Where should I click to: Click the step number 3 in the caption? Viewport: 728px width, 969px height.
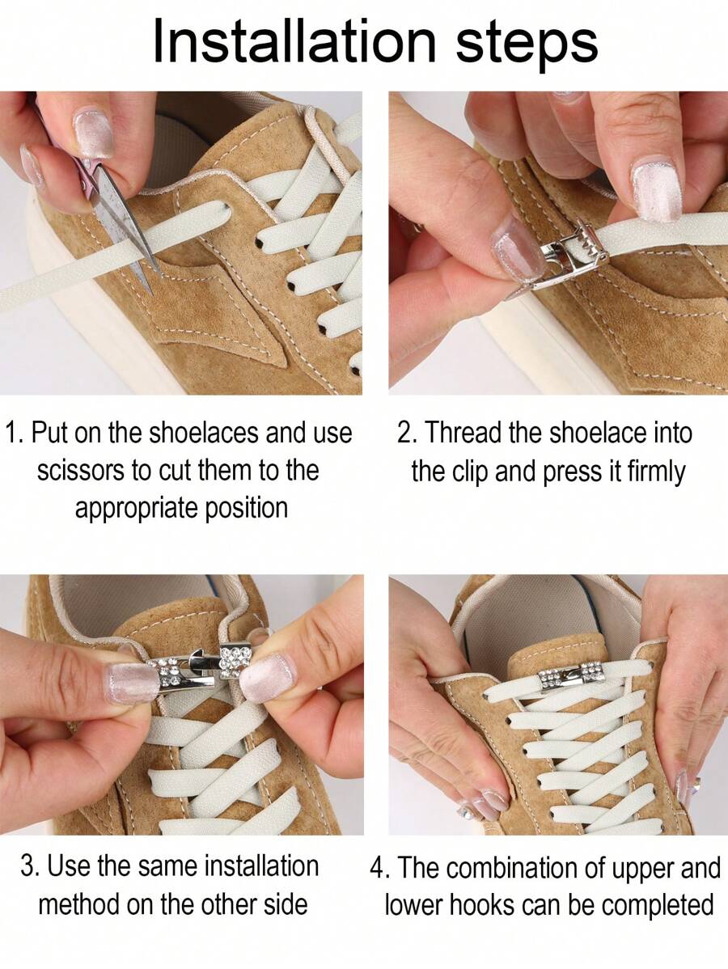tap(28, 866)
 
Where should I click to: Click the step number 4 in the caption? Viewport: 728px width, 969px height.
tap(379, 868)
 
